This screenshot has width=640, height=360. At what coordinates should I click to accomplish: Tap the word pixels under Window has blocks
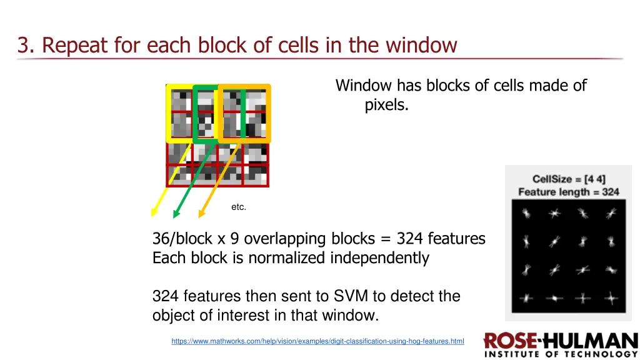click(386, 105)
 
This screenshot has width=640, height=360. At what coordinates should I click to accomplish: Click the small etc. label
click(239, 207)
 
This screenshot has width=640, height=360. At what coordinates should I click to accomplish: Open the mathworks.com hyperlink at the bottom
click(317, 341)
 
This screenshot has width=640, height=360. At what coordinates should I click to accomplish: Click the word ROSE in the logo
click(510, 342)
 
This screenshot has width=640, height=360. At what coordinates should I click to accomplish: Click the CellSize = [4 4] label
click(569, 179)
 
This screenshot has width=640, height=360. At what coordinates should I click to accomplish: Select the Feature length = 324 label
click(569, 192)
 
